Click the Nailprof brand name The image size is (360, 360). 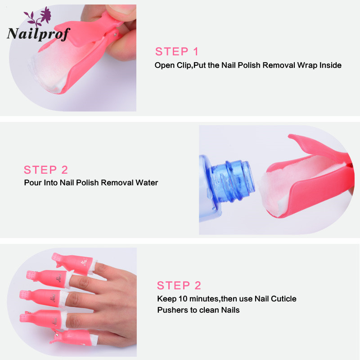click(38, 34)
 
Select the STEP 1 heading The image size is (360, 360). click(176, 51)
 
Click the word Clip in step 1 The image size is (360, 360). click(184, 65)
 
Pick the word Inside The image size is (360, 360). click(330, 65)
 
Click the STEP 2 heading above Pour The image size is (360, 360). click(46, 170)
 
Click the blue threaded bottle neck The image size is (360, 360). click(233, 180)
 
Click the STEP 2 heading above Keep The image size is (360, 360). click(179, 286)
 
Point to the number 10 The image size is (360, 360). click(183, 299)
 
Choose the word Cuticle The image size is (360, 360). click(283, 299)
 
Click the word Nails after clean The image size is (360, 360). click(230, 310)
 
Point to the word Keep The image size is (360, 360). click(166, 299)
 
